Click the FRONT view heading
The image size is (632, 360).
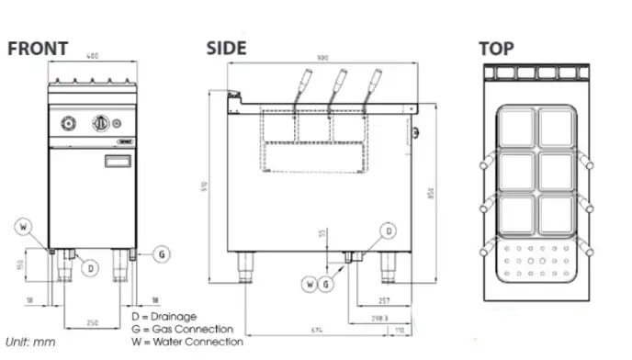tap(38, 49)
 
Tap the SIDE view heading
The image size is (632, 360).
tap(226, 48)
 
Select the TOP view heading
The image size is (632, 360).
tap(496, 48)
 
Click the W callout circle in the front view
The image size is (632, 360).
tap(25, 226)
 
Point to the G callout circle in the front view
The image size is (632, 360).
tap(161, 253)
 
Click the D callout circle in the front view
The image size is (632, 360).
tap(90, 267)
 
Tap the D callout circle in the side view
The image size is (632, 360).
tap(389, 231)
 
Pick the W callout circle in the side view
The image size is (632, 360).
tap(310, 285)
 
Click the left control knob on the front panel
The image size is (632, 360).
tap(69, 123)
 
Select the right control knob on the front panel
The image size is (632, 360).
tap(100, 123)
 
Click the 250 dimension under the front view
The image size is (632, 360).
tap(91, 322)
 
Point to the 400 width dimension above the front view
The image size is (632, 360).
tap(92, 58)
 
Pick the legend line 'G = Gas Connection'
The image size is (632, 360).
tap(183, 329)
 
